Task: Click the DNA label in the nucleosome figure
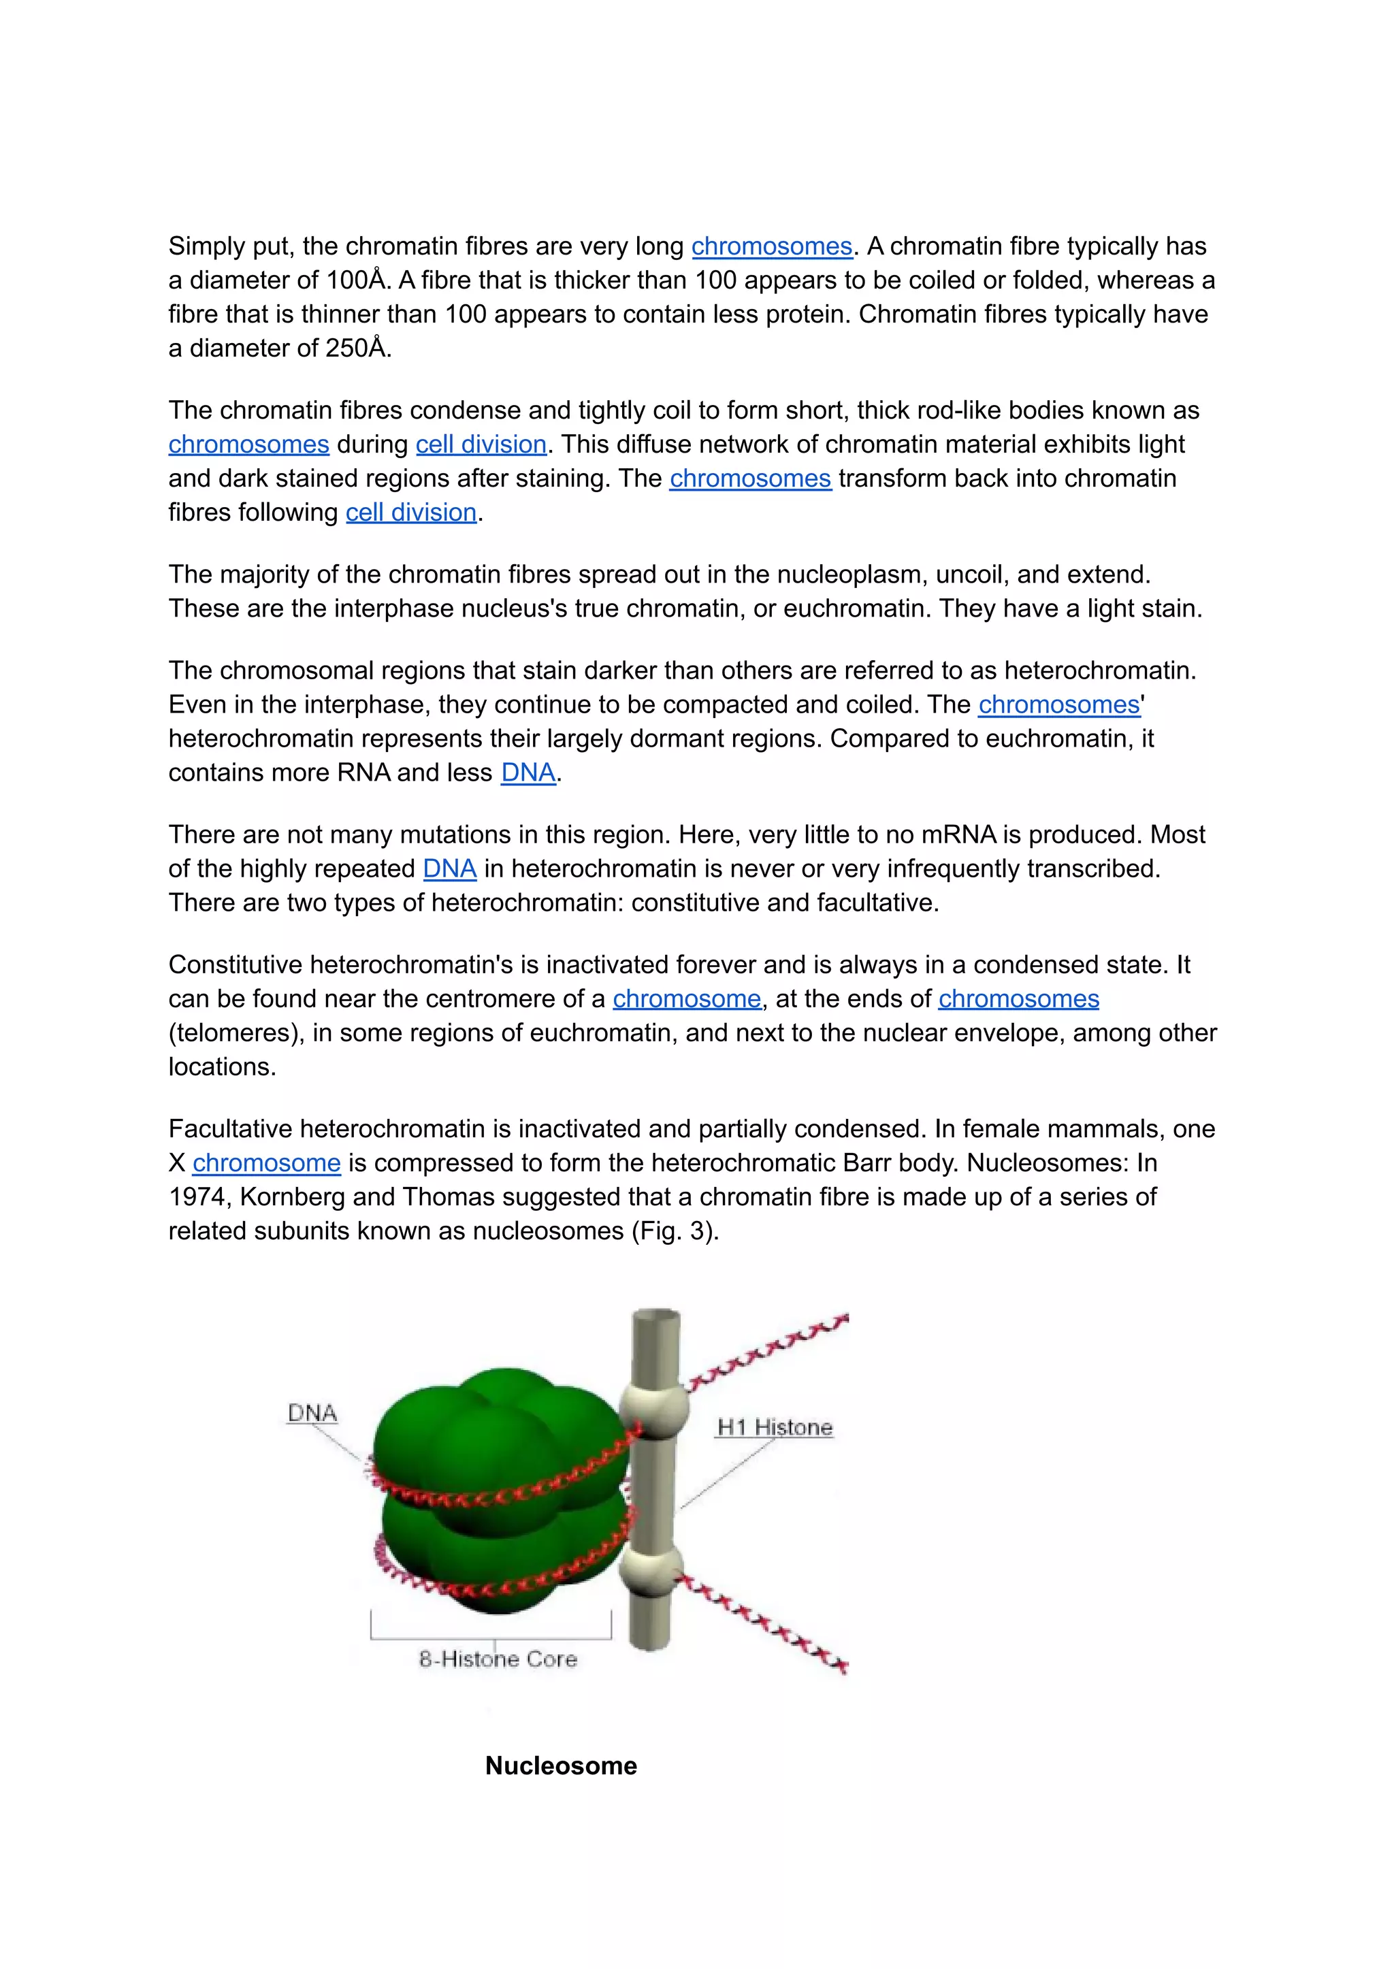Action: (312, 1413)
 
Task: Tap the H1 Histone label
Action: (774, 1427)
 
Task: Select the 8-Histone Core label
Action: (498, 1658)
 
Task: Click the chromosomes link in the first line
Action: (772, 246)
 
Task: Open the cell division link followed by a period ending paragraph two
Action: (410, 512)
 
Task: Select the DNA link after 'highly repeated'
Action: (449, 868)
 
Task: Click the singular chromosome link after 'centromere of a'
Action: (686, 999)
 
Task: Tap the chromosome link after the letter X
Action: (266, 1163)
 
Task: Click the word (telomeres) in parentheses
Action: (236, 1032)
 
